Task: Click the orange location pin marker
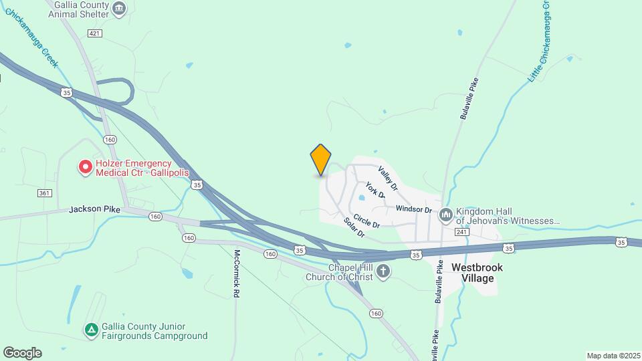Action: [321, 160]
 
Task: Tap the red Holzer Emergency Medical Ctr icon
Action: [86, 167]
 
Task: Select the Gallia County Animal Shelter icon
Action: [119, 8]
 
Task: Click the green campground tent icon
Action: [90, 330]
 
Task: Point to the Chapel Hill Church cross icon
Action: [383, 271]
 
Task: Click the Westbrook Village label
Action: [477, 272]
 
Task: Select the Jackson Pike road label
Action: [94, 209]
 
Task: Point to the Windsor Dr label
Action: [415, 209]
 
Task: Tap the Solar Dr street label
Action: [354, 227]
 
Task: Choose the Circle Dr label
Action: [366, 219]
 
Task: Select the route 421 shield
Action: [94, 33]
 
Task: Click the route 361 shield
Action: [45, 193]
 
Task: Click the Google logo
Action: [22, 352]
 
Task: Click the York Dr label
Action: [376, 189]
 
